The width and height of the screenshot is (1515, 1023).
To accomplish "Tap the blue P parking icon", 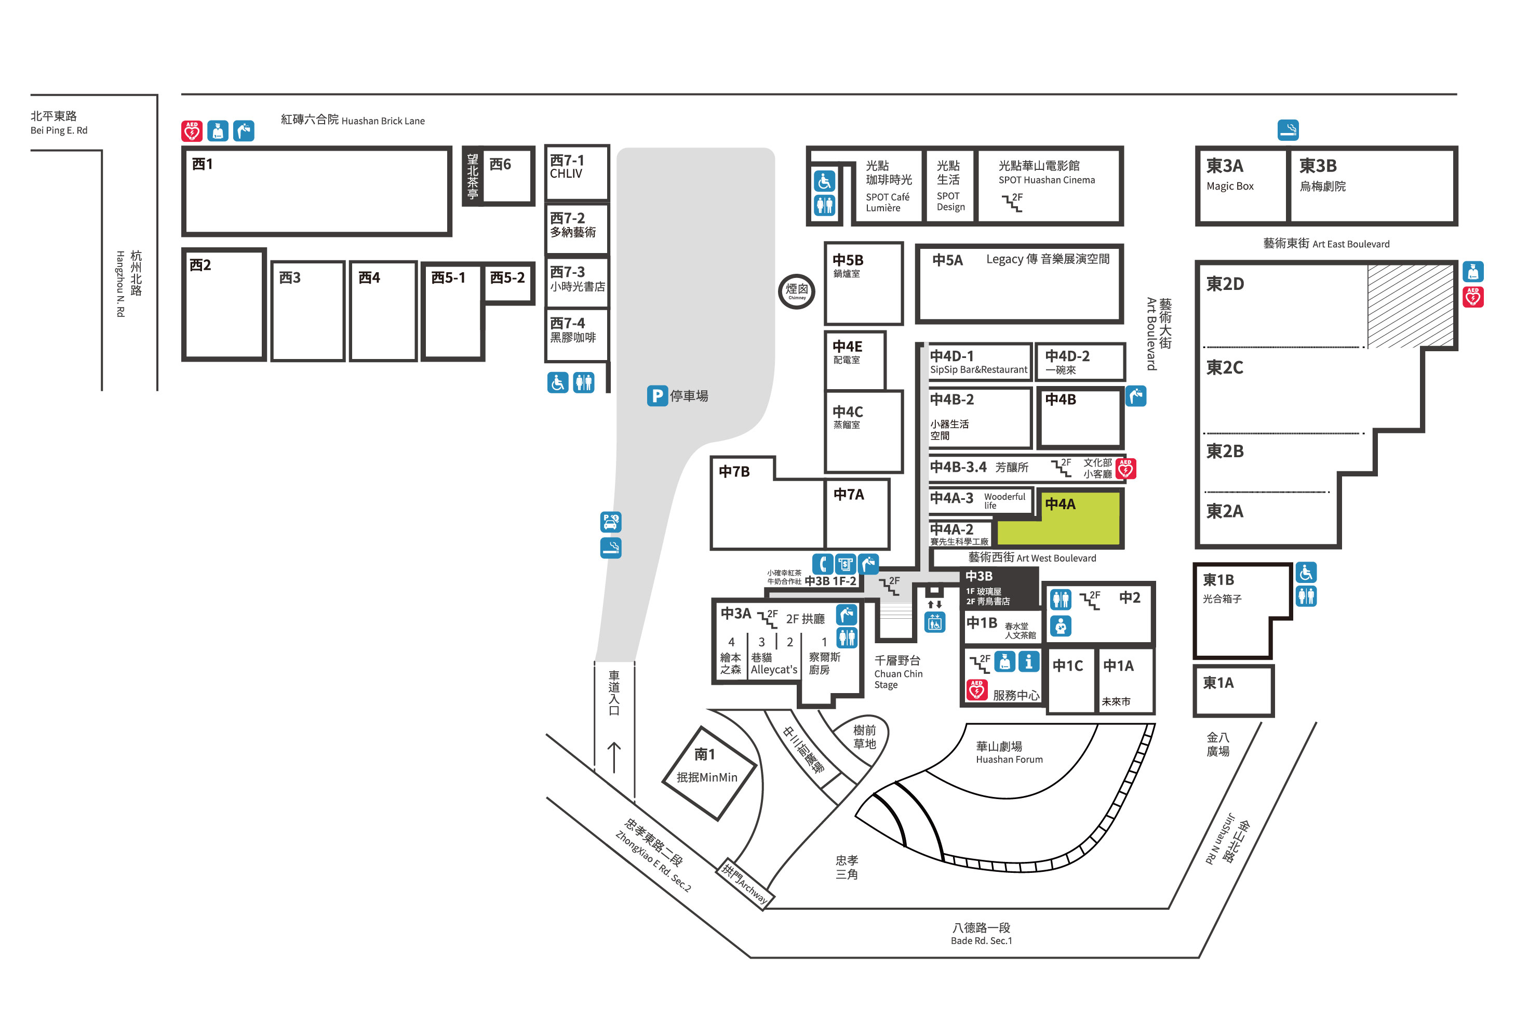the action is coord(656,396).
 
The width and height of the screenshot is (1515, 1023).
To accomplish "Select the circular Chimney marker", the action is coord(797,291).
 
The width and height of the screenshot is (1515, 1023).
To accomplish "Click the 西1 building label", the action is coord(202,164).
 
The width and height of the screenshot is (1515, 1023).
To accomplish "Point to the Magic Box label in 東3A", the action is coord(1229,187).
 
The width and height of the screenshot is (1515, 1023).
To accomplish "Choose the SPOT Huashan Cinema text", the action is coord(1047,180).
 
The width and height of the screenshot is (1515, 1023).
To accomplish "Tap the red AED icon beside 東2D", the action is coord(1472,297).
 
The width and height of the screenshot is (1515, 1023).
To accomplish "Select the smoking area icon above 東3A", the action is coord(1288,130).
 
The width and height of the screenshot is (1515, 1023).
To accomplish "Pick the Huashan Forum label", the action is coord(1009,760).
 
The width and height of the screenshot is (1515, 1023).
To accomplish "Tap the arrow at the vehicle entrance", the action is coord(613,757).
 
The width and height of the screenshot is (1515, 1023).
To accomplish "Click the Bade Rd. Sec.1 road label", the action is coord(981,941).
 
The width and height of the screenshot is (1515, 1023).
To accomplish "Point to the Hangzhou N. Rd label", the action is coord(120,284).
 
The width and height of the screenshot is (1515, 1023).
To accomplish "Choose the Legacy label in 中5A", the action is coord(1004,259).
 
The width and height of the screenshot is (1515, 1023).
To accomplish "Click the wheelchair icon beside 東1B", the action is coord(1306,573).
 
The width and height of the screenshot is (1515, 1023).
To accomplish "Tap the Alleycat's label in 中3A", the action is coord(774,670).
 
